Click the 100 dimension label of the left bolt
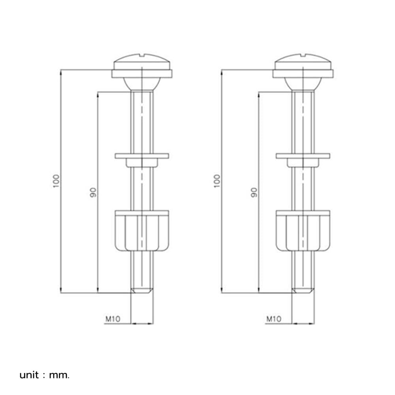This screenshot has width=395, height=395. click(56, 181)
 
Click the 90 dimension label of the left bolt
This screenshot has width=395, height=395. click(93, 192)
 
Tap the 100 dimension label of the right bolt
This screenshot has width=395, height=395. click(217, 181)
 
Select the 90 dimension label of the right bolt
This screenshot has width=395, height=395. click(254, 192)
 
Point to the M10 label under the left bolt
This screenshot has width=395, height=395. click(113, 319)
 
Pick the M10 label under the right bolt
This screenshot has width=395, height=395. click(274, 319)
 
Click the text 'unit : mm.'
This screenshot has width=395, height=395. click(44, 375)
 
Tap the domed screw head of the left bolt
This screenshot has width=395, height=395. click(142, 62)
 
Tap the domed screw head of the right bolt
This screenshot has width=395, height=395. click(303, 62)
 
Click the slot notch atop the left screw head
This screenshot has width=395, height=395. click(142, 55)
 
